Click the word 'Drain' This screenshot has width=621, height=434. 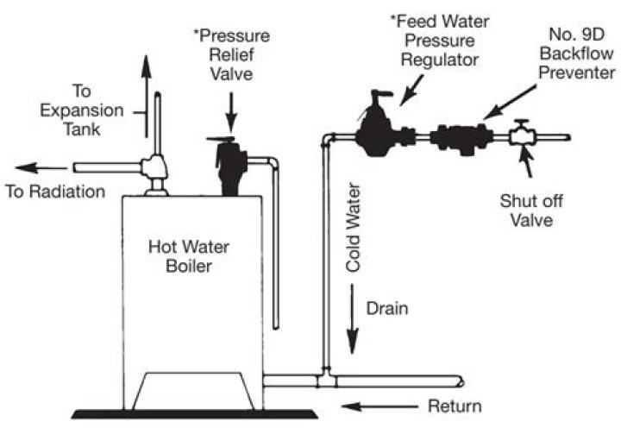click(385, 306)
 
